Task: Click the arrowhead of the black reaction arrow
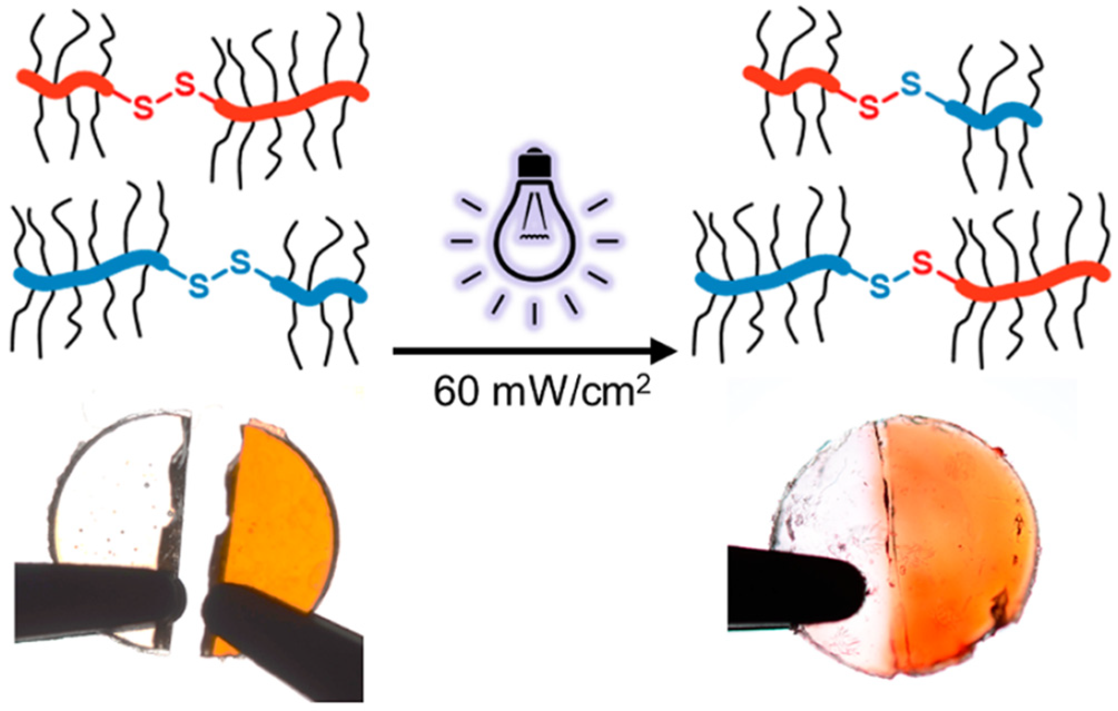665,351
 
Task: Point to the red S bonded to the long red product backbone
922,263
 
